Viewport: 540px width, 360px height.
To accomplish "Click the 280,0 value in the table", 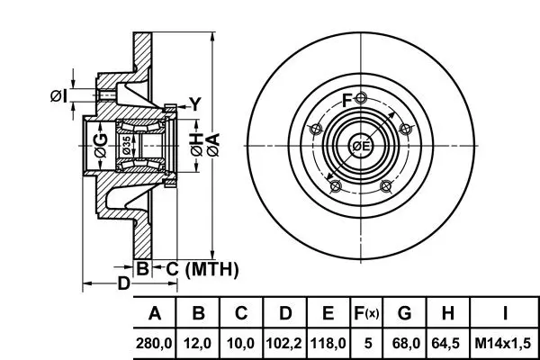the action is tap(154, 344).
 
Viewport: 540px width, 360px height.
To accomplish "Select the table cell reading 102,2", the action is tap(284, 344).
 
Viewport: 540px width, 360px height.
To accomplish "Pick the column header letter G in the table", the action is tap(404, 313).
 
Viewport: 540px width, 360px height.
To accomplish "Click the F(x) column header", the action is tap(366, 313).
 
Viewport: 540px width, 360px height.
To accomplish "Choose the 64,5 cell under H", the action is tap(446, 344).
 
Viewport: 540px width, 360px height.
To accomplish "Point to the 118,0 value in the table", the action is tap(328, 344).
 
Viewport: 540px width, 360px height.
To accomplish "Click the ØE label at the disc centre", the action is tap(361, 147).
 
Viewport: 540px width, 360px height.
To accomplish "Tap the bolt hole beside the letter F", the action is tap(361, 98).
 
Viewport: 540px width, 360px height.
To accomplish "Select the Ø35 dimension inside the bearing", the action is tap(126, 146).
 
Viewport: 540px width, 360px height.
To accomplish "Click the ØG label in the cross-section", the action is tap(101, 146).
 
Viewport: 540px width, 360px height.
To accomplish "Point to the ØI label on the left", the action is tap(58, 95).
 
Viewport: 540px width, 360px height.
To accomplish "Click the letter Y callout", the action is tap(195, 104).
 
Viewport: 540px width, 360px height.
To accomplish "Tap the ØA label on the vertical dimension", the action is tap(213, 146).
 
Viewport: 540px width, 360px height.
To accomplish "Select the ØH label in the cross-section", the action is tap(196, 145).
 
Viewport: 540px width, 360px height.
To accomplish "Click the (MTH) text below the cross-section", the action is tap(211, 269).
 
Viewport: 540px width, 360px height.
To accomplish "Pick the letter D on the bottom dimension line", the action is tap(124, 283).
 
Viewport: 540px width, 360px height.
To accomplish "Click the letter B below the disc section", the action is tap(142, 268).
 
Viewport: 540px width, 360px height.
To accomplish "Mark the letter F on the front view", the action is tap(347, 101).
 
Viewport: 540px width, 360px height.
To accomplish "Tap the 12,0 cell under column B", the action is tap(197, 344).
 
